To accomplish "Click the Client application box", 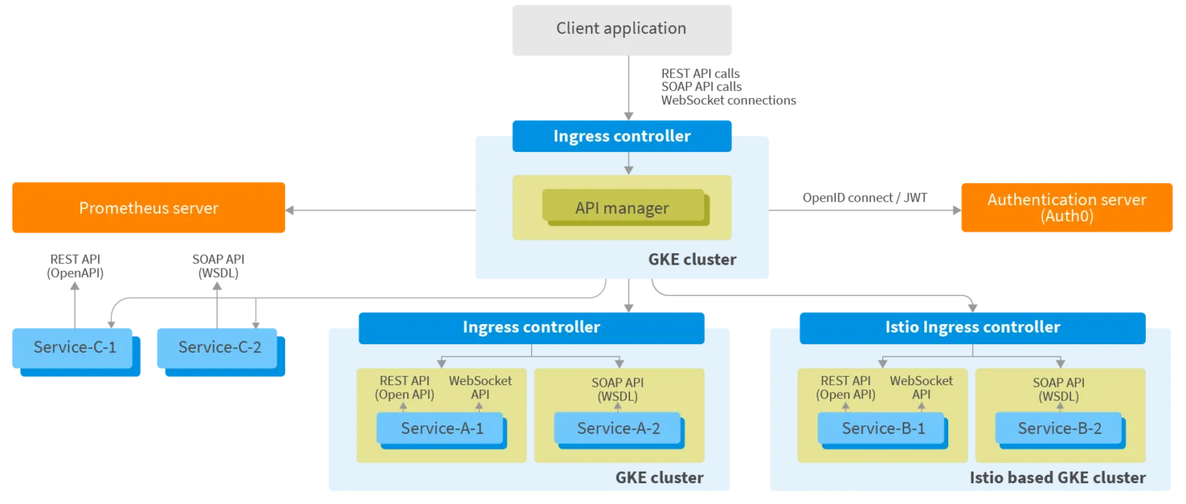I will click(621, 29).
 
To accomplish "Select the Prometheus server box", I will click(148, 208).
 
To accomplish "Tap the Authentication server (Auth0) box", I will click(1066, 207).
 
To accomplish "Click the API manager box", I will click(622, 208).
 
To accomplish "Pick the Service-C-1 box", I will click(75, 347).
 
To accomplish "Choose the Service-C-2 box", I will click(219, 347).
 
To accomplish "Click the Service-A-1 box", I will click(442, 428).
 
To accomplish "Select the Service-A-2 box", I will click(618, 428).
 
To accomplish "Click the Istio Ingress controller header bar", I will click(972, 327).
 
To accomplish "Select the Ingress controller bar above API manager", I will click(622, 137).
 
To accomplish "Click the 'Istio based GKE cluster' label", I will click(1057, 478).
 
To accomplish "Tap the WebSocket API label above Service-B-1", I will click(921, 387).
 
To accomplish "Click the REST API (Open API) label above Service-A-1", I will click(405, 387).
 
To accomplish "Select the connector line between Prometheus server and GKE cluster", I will click(378, 209).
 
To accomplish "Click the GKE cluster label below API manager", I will click(692, 260).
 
